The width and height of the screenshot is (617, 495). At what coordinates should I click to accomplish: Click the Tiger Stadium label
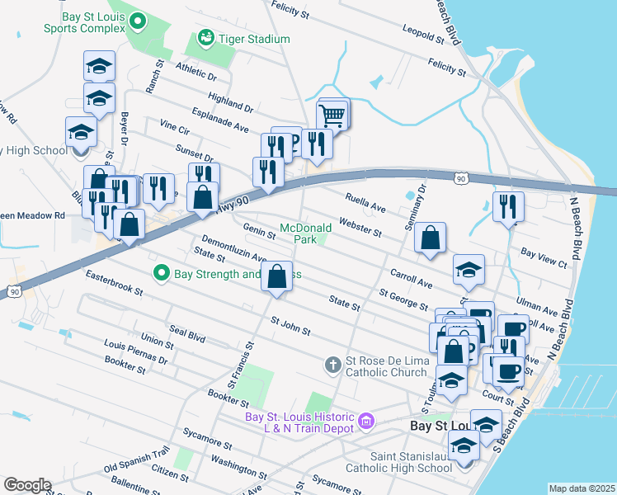click(255, 39)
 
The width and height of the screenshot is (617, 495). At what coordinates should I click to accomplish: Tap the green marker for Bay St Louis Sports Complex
click(139, 20)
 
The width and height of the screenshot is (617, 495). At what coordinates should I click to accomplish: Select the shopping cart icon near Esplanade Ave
click(332, 115)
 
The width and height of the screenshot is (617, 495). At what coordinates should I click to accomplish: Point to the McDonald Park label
click(305, 233)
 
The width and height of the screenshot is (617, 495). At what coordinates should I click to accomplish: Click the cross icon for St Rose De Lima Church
click(332, 364)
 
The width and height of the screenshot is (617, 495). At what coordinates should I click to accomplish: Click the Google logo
click(27, 485)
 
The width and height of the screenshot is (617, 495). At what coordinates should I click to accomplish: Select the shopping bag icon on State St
click(278, 277)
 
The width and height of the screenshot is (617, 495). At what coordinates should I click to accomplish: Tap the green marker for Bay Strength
click(162, 272)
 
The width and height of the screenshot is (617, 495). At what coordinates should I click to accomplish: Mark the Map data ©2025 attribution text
click(582, 488)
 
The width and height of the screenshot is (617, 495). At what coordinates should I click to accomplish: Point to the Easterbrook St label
click(114, 284)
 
